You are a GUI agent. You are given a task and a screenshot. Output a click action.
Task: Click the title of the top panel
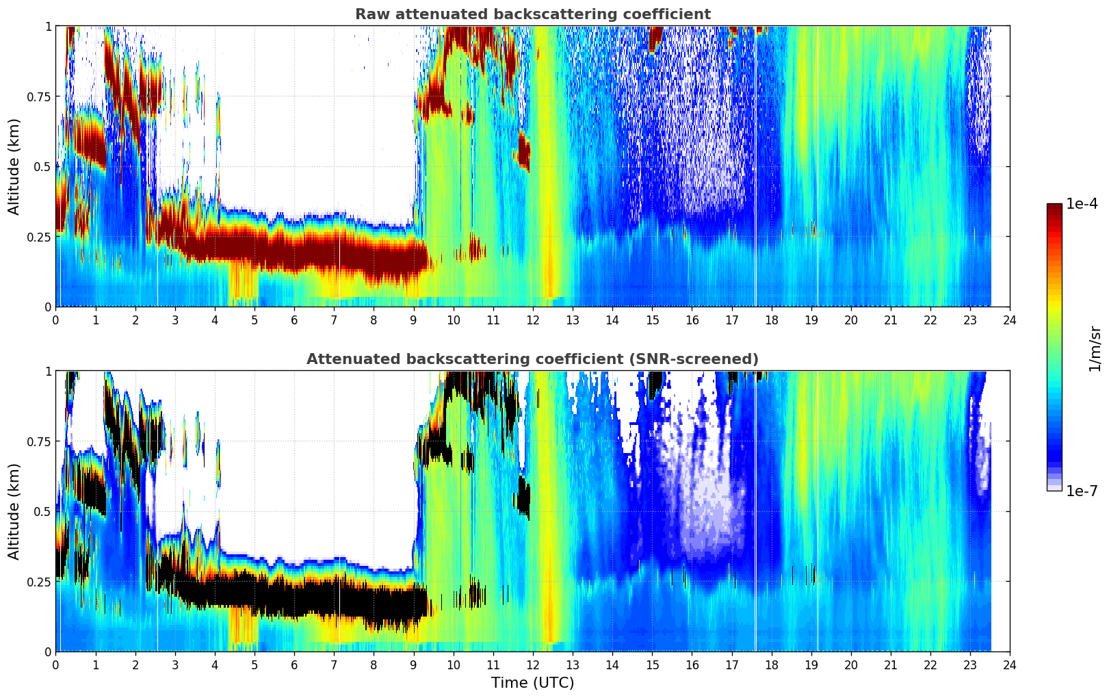click(532, 14)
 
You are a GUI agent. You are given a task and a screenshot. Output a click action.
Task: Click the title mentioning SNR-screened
click(532, 359)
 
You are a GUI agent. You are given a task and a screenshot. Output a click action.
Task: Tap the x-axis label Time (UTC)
click(532, 683)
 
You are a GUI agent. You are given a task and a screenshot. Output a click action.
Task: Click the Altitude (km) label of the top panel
click(14, 166)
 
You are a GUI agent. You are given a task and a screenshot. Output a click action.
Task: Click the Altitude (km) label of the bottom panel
click(14, 511)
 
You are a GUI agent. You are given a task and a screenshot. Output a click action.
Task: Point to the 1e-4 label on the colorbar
click(1082, 204)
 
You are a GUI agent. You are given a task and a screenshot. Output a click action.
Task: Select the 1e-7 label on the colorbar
click(1082, 491)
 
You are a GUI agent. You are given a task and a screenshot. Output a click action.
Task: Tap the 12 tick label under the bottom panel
click(532, 665)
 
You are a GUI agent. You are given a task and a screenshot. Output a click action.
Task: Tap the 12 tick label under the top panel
click(532, 320)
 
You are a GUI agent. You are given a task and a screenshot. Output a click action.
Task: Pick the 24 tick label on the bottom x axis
click(1009, 665)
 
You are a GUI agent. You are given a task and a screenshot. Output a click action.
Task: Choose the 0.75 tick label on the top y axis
click(39, 96)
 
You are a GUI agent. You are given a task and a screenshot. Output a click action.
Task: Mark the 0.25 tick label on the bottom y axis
click(39, 582)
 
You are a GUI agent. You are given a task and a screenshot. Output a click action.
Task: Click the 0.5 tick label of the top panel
click(42, 166)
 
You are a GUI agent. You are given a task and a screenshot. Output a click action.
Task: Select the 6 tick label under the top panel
click(294, 320)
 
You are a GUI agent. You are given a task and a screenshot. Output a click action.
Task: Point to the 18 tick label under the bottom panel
click(771, 665)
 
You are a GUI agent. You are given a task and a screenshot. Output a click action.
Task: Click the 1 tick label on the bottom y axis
click(48, 372)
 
